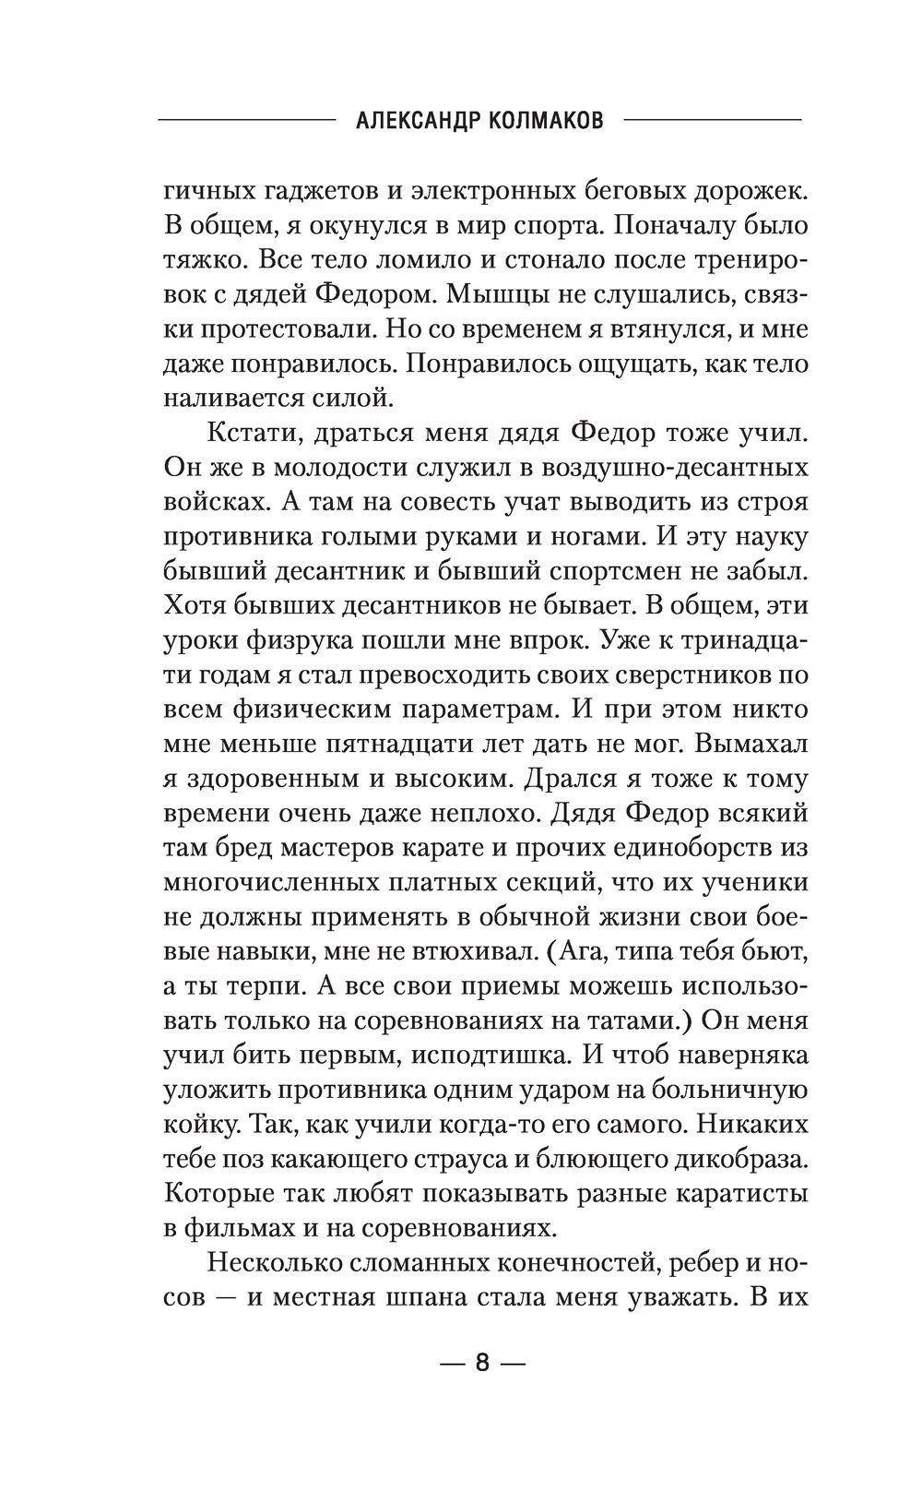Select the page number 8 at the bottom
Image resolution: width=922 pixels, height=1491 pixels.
(481, 1364)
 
